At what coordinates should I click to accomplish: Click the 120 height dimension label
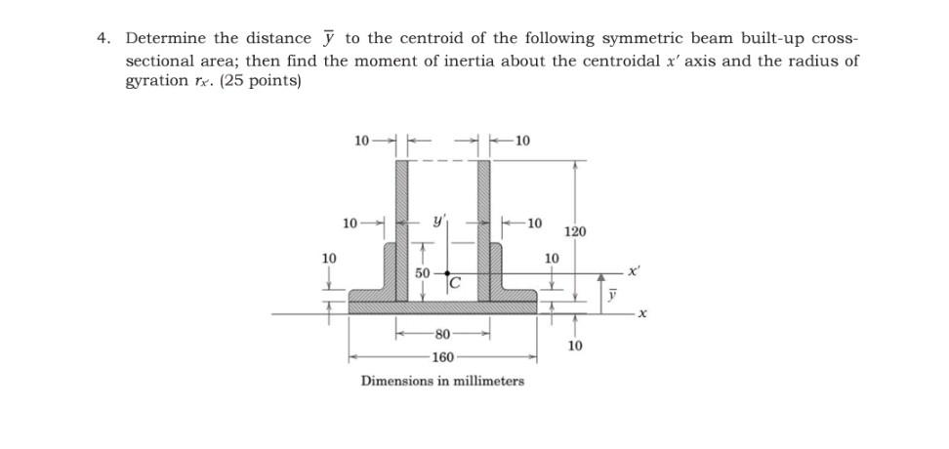[576, 232]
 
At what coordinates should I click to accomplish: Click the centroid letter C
[455, 284]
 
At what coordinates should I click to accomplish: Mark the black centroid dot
[447, 275]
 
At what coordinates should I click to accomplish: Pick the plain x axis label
[642, 315]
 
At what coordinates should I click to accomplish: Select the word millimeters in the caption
[488, 381]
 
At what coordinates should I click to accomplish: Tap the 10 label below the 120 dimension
[576, 346]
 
